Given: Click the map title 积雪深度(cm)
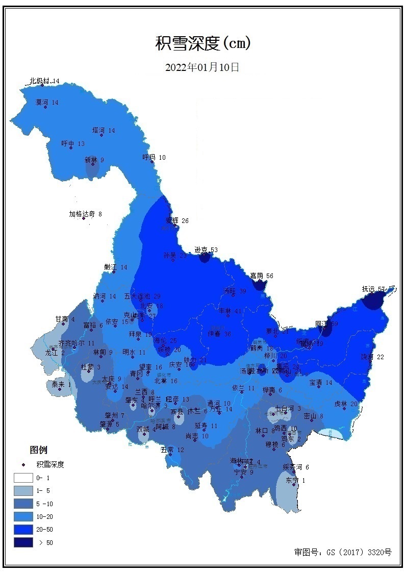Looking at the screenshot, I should coord(203,44).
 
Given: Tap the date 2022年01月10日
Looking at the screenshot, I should coord(202,67).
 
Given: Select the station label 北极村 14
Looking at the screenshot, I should coord(44,81).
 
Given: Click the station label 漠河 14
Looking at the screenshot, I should coord(47,102).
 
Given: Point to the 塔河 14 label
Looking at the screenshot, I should coord(104,130).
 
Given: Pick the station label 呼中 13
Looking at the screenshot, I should coord(73,143).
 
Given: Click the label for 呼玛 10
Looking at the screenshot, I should coord(154,157).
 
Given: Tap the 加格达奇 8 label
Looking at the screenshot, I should coord(86,214).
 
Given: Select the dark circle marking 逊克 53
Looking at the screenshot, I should coord(205,257).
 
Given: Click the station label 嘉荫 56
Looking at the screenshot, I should coord(262,276).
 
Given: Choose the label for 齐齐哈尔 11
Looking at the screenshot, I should coord(77,343).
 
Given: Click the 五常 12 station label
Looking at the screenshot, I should coord(172,450).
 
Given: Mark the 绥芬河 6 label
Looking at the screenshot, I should coord(296,467).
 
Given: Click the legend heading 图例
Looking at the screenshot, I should coord(38,450).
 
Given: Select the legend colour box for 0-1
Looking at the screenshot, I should coord(23,478).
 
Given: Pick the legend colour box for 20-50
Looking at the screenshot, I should coord(23,529).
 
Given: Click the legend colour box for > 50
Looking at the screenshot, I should coord(23,542).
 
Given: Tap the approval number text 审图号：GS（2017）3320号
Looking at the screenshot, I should coord(343,552).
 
